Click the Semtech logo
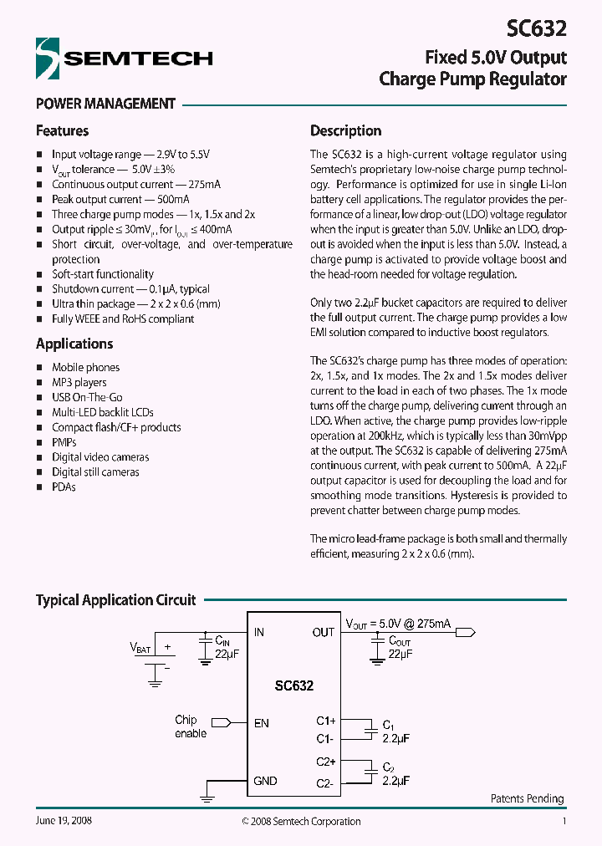(124, 58)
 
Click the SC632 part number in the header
(537, 29)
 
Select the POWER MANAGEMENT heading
(105, 104)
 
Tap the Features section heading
(62, 130)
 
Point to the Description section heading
(345, 130)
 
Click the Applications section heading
(74, 344)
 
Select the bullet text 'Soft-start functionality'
(103, 274)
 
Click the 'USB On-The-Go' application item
(87, 397)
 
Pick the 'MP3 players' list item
(79, 382)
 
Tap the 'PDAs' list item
(64, 487)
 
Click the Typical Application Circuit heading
(115, 599)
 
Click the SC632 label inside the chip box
(294, 685)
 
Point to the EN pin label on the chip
(262, 722)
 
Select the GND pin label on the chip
(265, 781)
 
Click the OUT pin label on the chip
(323, 632)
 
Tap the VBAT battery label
(140, 648)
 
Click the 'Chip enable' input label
(191, 726)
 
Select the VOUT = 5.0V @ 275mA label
(398, 624)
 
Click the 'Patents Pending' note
(527, 798)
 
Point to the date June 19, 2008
(64, 821)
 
